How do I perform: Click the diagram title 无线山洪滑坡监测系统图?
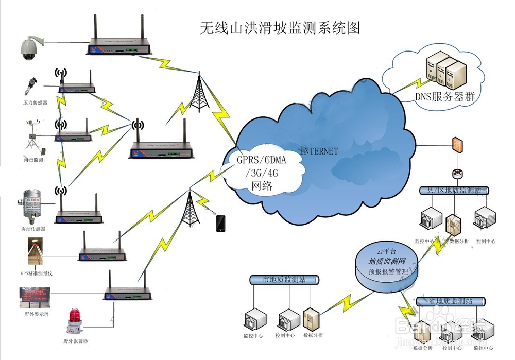click(280, 28)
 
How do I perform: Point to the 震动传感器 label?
click(34, 229)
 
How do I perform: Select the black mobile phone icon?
click(221, 223)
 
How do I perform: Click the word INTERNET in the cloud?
click(319, 151)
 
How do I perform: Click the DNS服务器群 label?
click(444, 96)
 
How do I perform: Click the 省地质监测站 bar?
click(450, 301)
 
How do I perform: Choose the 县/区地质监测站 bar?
click(453, 191)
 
